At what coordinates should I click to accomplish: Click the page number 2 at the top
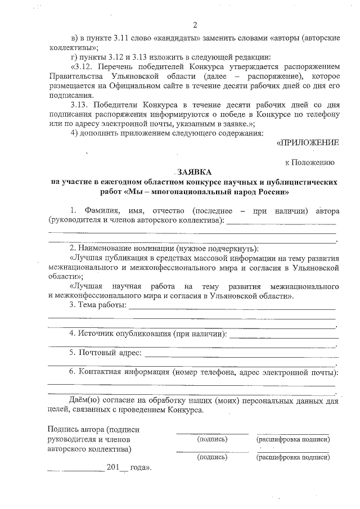point(195,25)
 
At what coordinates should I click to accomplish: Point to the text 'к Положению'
point(310,163)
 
